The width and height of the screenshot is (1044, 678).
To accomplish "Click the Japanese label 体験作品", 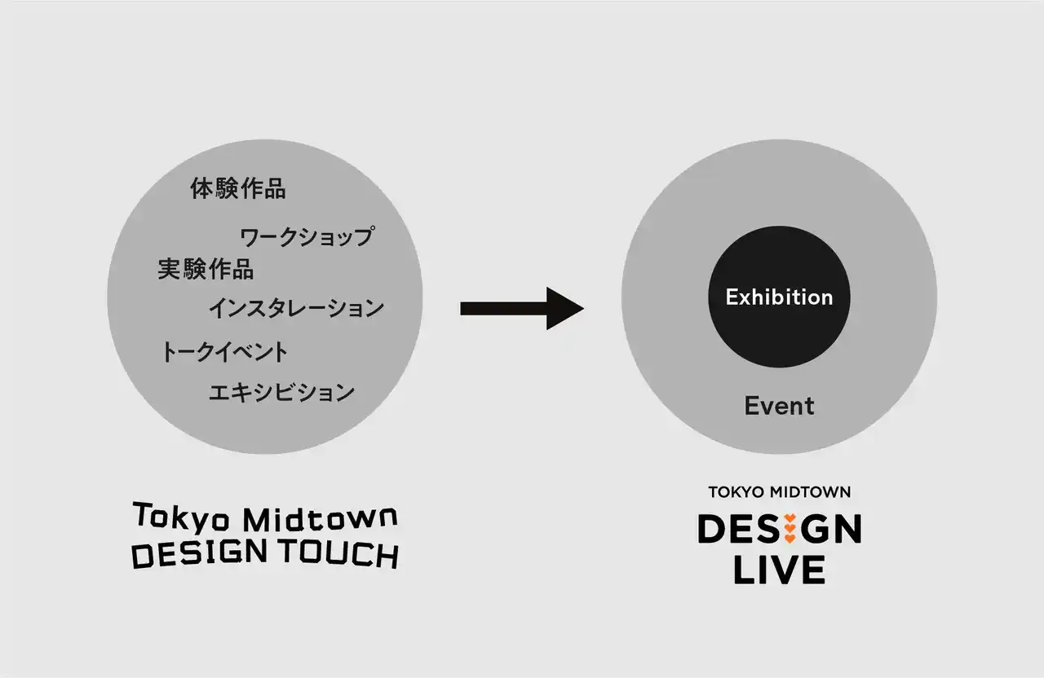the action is (237, 188).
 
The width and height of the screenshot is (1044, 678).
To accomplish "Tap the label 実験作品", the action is (206, 269).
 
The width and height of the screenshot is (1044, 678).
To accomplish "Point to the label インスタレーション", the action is (296, 308).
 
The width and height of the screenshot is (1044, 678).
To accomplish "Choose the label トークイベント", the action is (224, 351).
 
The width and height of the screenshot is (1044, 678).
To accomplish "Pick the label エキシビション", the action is (281, 392).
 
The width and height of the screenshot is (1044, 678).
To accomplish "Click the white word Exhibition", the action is (779, 297).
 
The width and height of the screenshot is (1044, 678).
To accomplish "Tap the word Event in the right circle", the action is (779, 406).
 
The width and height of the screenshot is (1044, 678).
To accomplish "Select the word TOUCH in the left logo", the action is (339, 553).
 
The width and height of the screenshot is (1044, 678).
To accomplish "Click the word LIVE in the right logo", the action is (780, 569).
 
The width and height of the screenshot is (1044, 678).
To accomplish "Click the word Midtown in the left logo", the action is (321, 519).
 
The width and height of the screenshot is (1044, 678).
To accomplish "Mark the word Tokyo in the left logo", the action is (181, 517).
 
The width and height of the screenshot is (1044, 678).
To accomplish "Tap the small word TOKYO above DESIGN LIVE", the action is (737, 492).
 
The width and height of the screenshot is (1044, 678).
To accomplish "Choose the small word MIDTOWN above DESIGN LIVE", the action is (811, 492).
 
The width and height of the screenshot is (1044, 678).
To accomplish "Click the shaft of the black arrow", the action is (504, 308).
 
